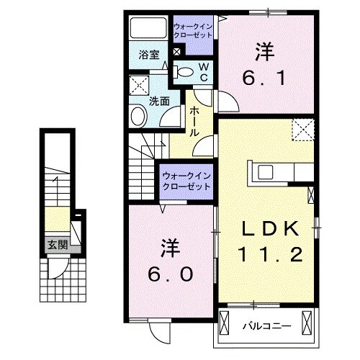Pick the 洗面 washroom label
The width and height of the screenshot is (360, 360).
[x=159, y=102]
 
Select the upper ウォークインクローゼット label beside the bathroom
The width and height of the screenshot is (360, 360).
[x=192, y=32]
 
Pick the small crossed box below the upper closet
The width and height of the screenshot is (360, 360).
[x=178, y=52]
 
